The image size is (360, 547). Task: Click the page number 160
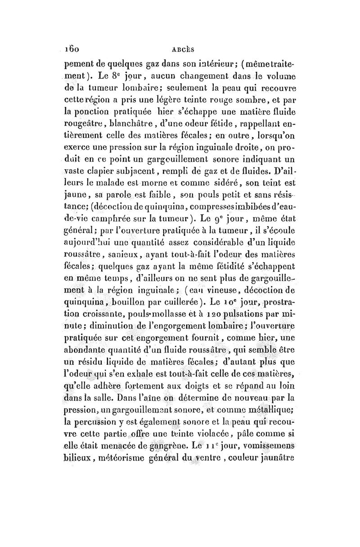71,46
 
